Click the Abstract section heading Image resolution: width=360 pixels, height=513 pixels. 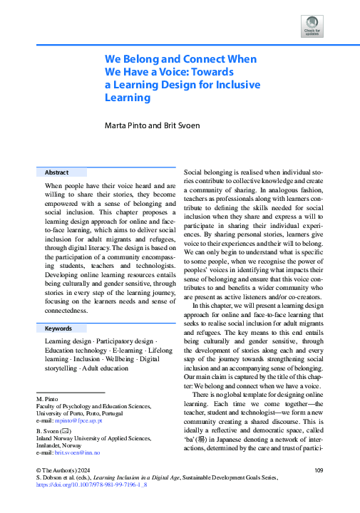tap(56, 172)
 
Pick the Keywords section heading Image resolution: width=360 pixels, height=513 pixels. tap(58, 328)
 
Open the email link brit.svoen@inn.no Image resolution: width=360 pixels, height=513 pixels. tap(80, 452)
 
